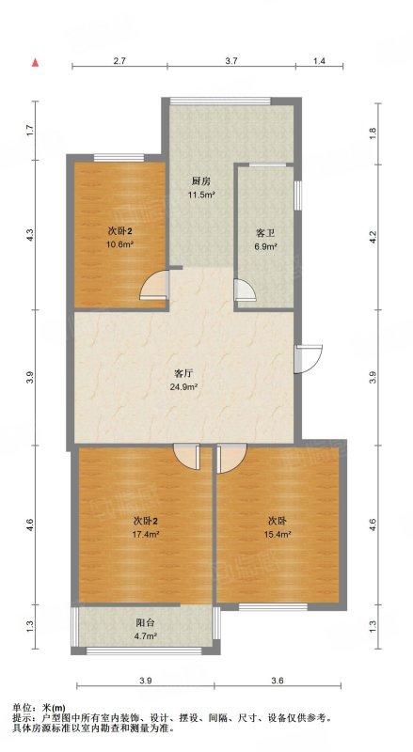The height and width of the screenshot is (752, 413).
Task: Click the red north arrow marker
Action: point(35,63)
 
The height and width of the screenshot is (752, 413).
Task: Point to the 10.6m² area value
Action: point(119,243)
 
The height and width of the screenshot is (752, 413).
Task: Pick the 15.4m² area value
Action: point(278,534)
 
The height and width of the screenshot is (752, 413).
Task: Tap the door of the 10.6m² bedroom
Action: point(154,286)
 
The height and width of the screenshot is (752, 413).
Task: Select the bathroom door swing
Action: point(245,290)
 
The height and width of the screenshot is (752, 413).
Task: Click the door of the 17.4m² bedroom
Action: point(186,457)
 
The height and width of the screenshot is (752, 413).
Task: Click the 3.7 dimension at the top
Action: point(231,61)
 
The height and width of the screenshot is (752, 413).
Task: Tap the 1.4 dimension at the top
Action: point(319,61)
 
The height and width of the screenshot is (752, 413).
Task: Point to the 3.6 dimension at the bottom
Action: point(278,681)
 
